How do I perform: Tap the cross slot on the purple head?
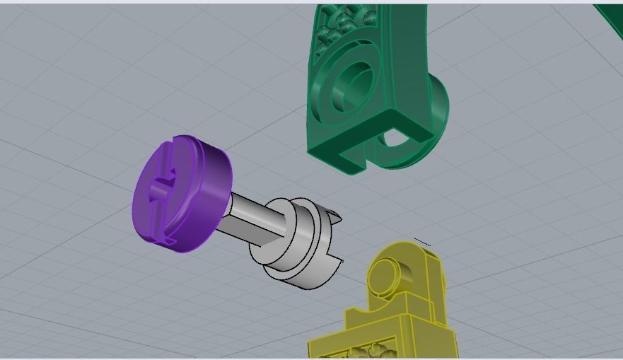(x=161, y=190)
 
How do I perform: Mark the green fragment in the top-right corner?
(x=610, y=14)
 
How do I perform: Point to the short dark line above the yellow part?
(x=422, y=242)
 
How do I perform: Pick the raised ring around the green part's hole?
(x=338, y=88)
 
